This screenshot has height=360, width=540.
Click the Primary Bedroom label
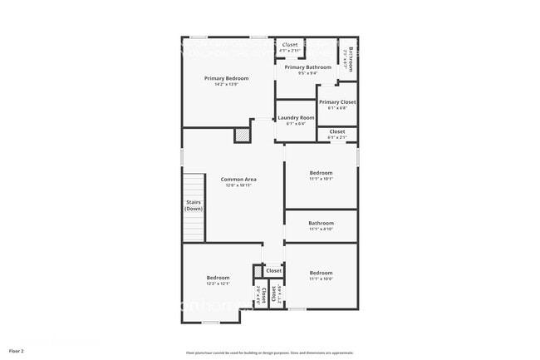click(227, 78)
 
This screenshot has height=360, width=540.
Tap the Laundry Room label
click(296, 118)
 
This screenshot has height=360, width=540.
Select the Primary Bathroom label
click(307, 67)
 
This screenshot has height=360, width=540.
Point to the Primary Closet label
click(337, 102)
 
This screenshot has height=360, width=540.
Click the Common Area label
click(238, 180)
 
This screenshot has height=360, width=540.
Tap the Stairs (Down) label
click(194, 205)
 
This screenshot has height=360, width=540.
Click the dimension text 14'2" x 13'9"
click(227, 84)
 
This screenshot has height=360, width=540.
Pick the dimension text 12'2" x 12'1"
click(218, 284)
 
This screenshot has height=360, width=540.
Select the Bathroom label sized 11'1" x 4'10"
click(321, 223)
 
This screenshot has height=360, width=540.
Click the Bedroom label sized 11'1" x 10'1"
click(321, 173)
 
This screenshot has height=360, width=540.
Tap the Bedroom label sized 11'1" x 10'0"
click(321, 273)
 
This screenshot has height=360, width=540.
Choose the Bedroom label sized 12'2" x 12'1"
click(218, 278)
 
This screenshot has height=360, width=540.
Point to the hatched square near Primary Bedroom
click(242, 135)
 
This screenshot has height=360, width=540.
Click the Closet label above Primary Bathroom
click(290, 45)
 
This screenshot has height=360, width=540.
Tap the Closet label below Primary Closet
click(337, 131)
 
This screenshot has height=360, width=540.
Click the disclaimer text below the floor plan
click(270, 353)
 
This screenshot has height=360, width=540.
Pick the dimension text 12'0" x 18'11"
click(238, 185)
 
